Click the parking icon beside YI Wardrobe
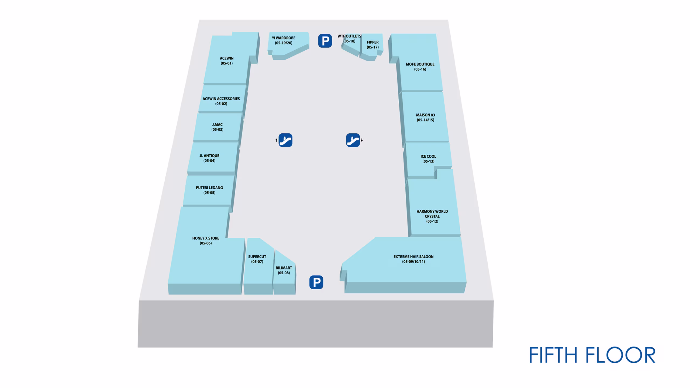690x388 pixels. [x=325, y=41]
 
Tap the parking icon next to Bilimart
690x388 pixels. [x=316, y=282]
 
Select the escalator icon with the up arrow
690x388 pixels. [x=285, y=140]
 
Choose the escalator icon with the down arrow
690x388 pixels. [x=353, y=140]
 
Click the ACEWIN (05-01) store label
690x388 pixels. [x=227, y=61]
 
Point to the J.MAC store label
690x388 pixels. [x=217, y=127]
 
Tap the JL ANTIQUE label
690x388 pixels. [x=209, y=158]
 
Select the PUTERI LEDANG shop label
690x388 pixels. [x=209, y=190]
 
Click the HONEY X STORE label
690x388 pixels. [x=206, y=241]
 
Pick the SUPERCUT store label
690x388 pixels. [x=257, y=259]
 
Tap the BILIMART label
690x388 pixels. [x=284, y=270]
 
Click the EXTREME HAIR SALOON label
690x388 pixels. [x=413, y=259]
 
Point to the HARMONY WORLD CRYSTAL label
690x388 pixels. [x=432, y=216]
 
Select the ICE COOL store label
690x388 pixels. [x=428, y=159]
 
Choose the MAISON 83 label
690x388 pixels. [x=425, y=117]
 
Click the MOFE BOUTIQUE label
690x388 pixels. [x=420, y=67]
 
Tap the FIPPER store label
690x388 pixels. [x=372, y=44]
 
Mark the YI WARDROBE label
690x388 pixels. [x=284, y=40]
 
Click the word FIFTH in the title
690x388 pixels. [x=553, y=355]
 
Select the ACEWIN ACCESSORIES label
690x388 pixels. [x=221, y=101]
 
